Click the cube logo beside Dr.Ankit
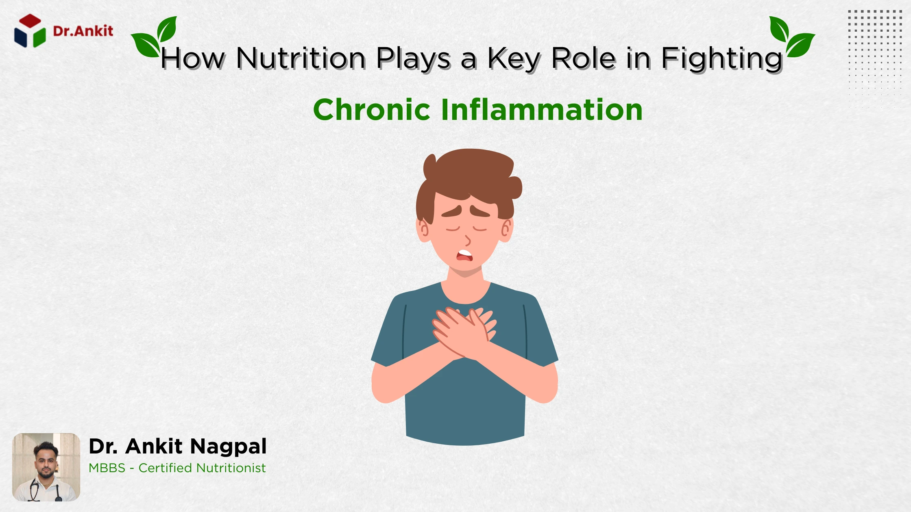(x=30, y=31)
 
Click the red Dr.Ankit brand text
(x=83, y=31)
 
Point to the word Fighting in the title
(x=722, y=59)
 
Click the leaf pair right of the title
(x=791, y=36)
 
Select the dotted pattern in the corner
(x=875, y=57)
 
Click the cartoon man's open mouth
(x=464, y=255)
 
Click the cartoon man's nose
(x=468, y=240)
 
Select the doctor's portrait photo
(x=46, y=467)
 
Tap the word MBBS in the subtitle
(x=107, y=468)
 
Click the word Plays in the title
(x=413, y=59)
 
